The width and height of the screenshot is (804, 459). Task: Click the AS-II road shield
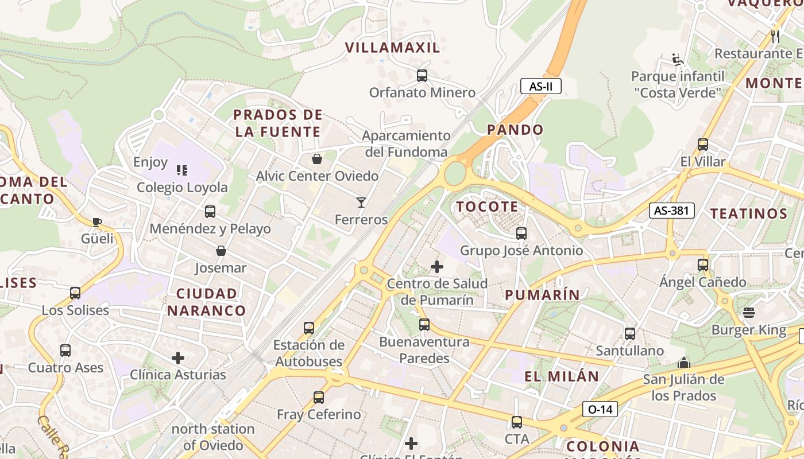(x=540, y=87)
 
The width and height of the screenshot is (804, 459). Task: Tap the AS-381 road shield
(x=671, y=211)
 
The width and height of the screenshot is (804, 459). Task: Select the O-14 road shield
(x=600, y=409)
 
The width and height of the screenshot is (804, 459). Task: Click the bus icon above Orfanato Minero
(x=422, y=75)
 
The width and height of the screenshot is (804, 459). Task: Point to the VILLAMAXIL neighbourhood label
(x=392, y=48)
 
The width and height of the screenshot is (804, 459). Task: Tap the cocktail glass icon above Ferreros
(x=361, y=203)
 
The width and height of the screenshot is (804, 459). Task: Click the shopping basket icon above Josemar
(x=221, y=251)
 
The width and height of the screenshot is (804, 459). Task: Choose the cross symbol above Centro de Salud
(x=437, y=267)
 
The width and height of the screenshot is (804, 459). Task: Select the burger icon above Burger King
(x=749, y=313)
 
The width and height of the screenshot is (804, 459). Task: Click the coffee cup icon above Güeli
(x=97, y=222)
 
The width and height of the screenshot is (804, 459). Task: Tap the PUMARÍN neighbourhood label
(x=542, y=295)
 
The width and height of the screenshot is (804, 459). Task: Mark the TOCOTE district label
(x=487, y=207)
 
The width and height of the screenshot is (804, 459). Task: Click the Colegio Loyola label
(x=182, y=187)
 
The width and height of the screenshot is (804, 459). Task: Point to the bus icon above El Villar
(x=703, y=145)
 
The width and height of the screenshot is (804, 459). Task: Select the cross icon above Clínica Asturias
(x=178, y=358)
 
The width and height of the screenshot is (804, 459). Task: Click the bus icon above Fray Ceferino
(x=319, y=397)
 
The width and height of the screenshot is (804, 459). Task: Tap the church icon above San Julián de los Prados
(x=683, y=363)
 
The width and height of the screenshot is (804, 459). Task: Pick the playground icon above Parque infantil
(x=677, y=60)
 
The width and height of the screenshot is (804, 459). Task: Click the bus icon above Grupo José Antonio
(x=521, y=234)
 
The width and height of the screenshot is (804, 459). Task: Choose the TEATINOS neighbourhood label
(x=749, y=214)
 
